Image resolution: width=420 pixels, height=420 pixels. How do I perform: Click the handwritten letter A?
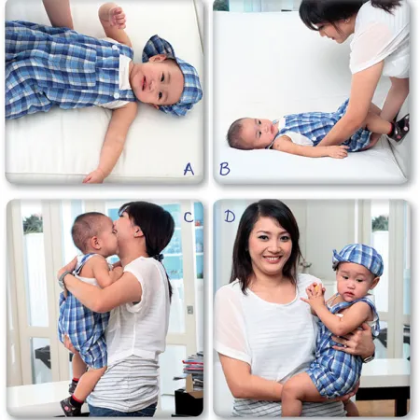(189, 169)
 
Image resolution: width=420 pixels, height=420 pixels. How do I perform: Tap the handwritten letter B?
(224, 169)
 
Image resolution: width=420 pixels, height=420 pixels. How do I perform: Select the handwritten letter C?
(188, 217)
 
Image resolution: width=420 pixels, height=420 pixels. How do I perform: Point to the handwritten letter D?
(230, 217)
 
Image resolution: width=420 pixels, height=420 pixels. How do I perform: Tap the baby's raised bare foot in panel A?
(113, 16)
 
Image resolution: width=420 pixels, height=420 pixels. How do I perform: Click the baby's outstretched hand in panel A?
(93, 175)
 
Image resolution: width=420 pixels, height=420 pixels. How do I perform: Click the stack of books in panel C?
(192, 369)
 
